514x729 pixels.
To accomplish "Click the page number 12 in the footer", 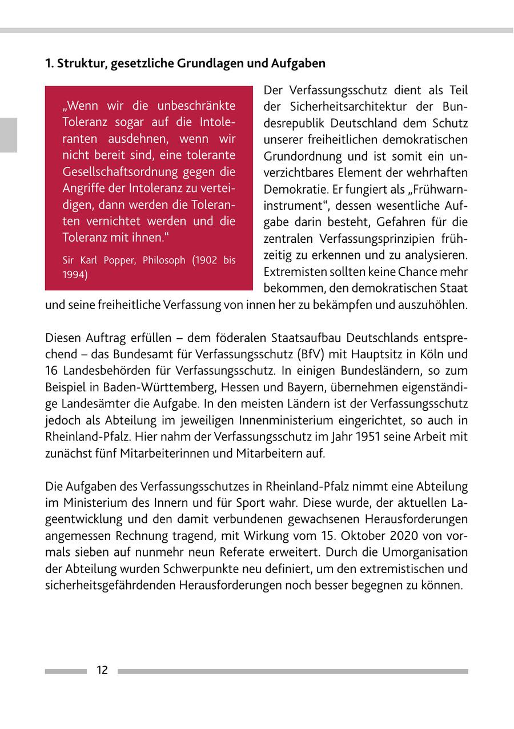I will (x=102, y=671).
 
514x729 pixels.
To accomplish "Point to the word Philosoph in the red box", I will (x=164, y=261).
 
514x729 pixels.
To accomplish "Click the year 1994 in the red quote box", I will (x=74, y=274).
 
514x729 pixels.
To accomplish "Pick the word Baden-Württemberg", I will (x=155, y=387).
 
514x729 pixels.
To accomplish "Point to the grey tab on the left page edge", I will (x=8, y=135).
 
